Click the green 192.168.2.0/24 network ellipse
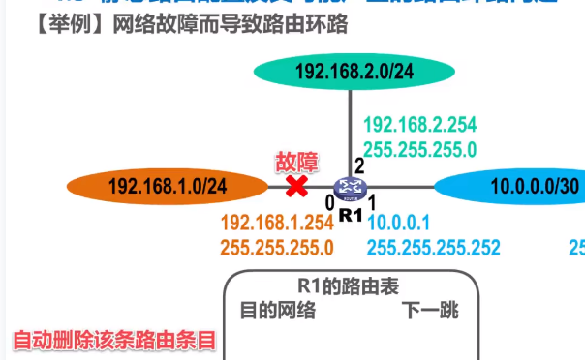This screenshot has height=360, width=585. (354, 71)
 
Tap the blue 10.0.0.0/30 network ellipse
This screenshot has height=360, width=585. (513, 186)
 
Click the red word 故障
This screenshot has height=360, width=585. (296, 161)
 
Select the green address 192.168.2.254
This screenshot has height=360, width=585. (419, 124)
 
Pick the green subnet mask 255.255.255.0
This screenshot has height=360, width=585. (419, 149)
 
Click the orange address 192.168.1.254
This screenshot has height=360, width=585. (277, 222)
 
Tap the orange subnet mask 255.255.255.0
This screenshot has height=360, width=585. (277, 247)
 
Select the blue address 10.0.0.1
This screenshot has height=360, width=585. (398, 222)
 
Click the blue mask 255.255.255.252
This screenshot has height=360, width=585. (433, 247)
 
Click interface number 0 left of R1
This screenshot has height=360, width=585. (329, 202)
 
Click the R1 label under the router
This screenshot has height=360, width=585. (350, 214)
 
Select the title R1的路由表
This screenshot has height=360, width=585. (349, 287)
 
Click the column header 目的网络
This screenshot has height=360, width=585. (278, 311)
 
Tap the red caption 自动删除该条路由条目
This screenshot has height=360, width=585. (112, 342)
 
